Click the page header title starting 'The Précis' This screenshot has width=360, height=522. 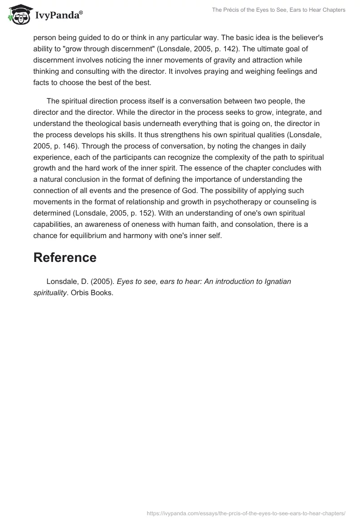coord(279,10)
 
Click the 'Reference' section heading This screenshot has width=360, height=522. coord(65,257)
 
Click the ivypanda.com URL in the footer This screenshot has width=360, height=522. coord(246,513)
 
